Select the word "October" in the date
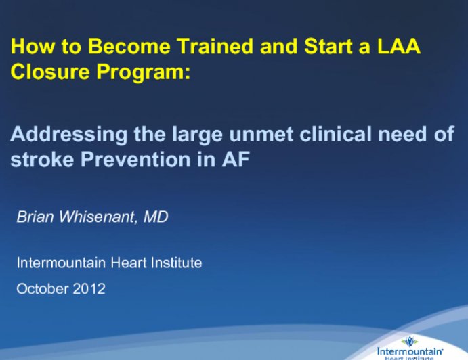pos(40,289)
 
